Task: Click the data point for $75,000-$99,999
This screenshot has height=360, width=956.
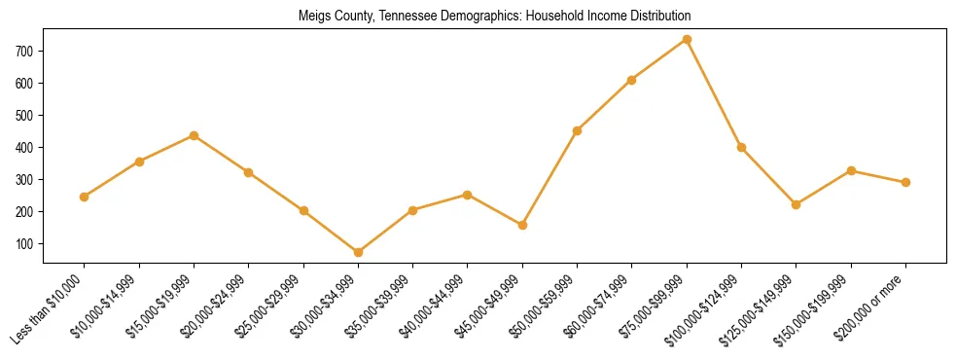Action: tap(687, 40)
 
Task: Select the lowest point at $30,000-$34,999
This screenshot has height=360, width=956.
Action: tap(359, 252)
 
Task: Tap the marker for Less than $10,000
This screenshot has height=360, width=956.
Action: tap(85, 197)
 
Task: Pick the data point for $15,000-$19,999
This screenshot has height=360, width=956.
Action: tap(195, 135)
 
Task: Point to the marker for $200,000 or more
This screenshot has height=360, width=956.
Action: tap(905, 182)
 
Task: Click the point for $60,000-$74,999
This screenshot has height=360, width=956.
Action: tap(632, 80)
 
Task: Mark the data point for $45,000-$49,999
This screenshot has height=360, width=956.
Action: tap(522, 225)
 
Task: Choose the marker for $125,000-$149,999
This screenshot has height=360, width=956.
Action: tap(797, 204)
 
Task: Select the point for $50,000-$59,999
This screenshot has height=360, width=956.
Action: tap(578, 130)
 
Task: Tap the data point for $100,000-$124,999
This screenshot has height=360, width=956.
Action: tap(741, 147)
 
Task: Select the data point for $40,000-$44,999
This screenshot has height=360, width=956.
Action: tap(468, 195)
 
